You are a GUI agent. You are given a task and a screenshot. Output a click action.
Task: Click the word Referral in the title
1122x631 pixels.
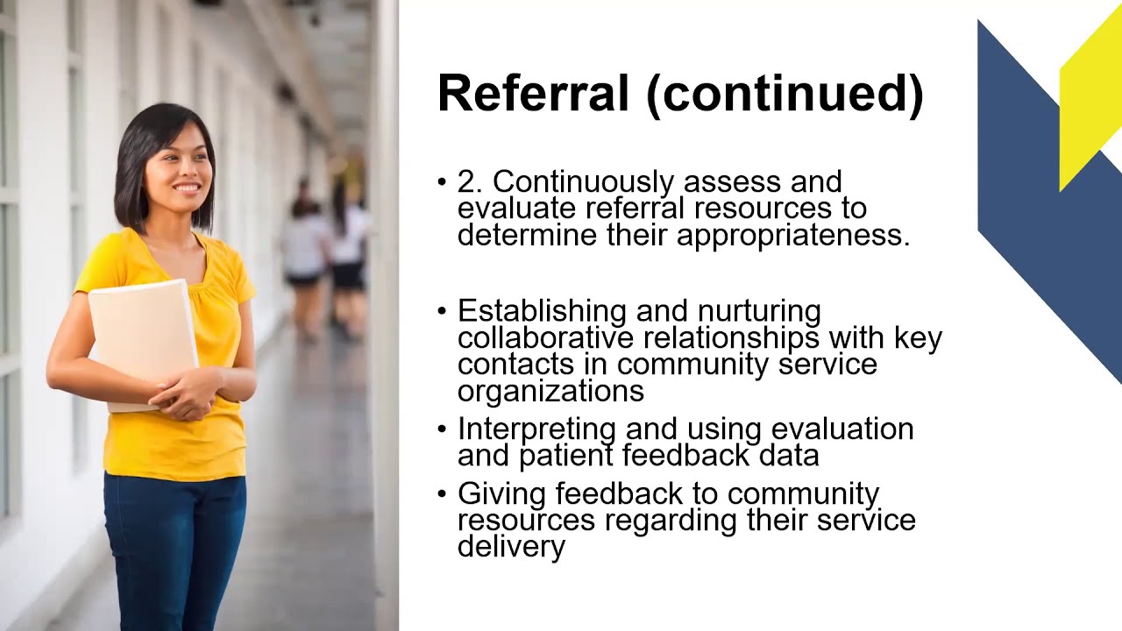[533, 94]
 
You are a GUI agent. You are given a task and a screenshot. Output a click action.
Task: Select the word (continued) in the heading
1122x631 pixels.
[785, 95]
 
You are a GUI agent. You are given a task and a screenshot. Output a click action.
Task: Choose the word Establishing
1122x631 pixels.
[540, 311]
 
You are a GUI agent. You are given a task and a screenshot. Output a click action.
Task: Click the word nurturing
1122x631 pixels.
[759, 311]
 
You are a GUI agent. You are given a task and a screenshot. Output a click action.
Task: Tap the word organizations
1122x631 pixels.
[550, 391]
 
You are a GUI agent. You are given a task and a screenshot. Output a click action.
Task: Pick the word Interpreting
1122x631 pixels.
[536, 429]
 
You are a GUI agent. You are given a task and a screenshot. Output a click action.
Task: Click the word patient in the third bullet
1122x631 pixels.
[566, 455]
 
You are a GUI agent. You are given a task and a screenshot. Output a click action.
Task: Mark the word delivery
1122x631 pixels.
[511, 547]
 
